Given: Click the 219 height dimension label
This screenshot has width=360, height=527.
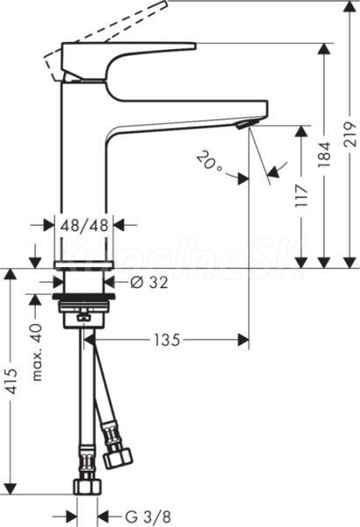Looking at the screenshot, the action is coord(350,134).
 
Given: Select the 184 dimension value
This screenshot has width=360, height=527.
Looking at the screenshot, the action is coord(324,155).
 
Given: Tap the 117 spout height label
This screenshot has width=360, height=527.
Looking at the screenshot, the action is coord(301,196).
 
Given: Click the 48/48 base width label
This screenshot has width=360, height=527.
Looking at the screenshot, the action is coord(84,225).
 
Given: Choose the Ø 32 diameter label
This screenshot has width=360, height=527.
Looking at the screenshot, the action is coord(148,283).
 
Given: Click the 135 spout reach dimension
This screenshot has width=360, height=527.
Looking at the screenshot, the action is coord(167,340).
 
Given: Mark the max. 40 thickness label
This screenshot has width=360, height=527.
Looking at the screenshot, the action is coord(38,352).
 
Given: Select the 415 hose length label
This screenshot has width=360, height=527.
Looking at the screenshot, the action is coord(12,381).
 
